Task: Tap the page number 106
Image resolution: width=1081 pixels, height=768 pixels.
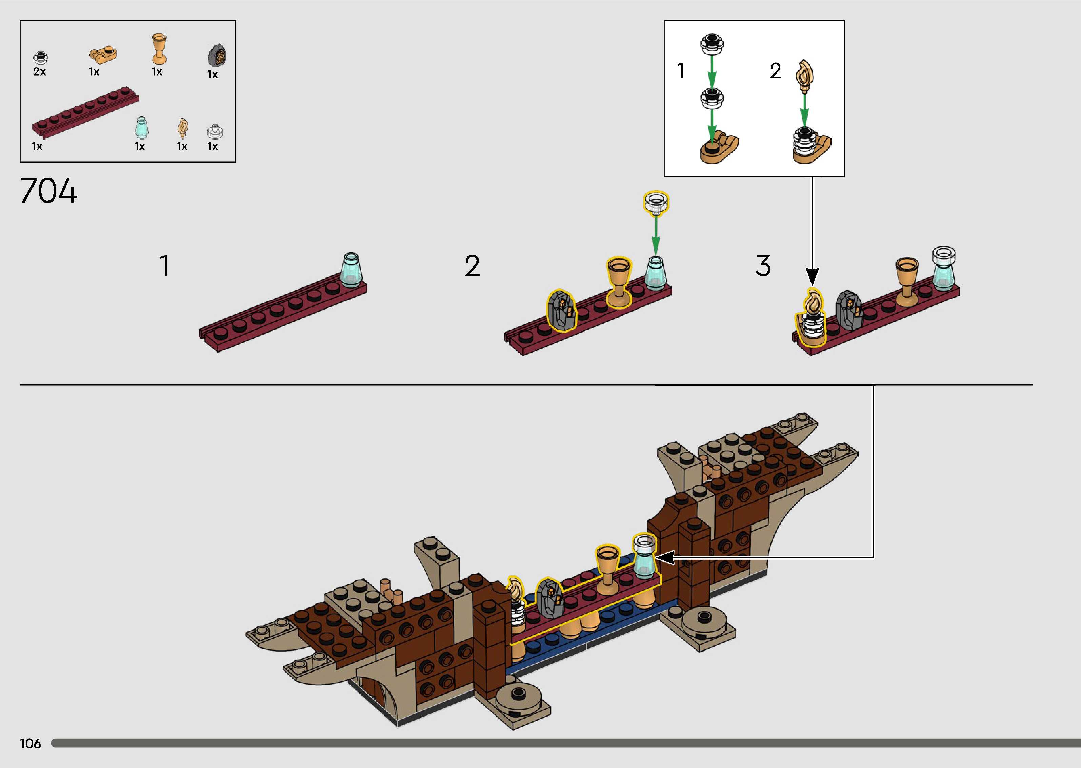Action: [x=30, y=743]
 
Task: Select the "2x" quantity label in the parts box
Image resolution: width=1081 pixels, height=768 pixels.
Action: [x=39, y=72]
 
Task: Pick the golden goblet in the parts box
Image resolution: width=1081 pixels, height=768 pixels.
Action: [x=159, y=48]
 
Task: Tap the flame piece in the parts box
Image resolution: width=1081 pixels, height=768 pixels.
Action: [x=183, y=128]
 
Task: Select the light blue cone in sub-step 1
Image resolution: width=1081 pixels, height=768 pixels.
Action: [x=351, y=270]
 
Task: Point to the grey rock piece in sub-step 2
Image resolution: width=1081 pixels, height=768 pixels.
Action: [x=562, y=310]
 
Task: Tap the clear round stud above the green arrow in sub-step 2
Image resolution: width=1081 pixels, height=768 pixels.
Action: [x=656, y=202]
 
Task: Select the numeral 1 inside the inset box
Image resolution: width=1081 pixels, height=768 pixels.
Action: [x=681, y=70]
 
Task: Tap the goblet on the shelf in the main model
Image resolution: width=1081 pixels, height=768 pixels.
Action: [x=607, y=568]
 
